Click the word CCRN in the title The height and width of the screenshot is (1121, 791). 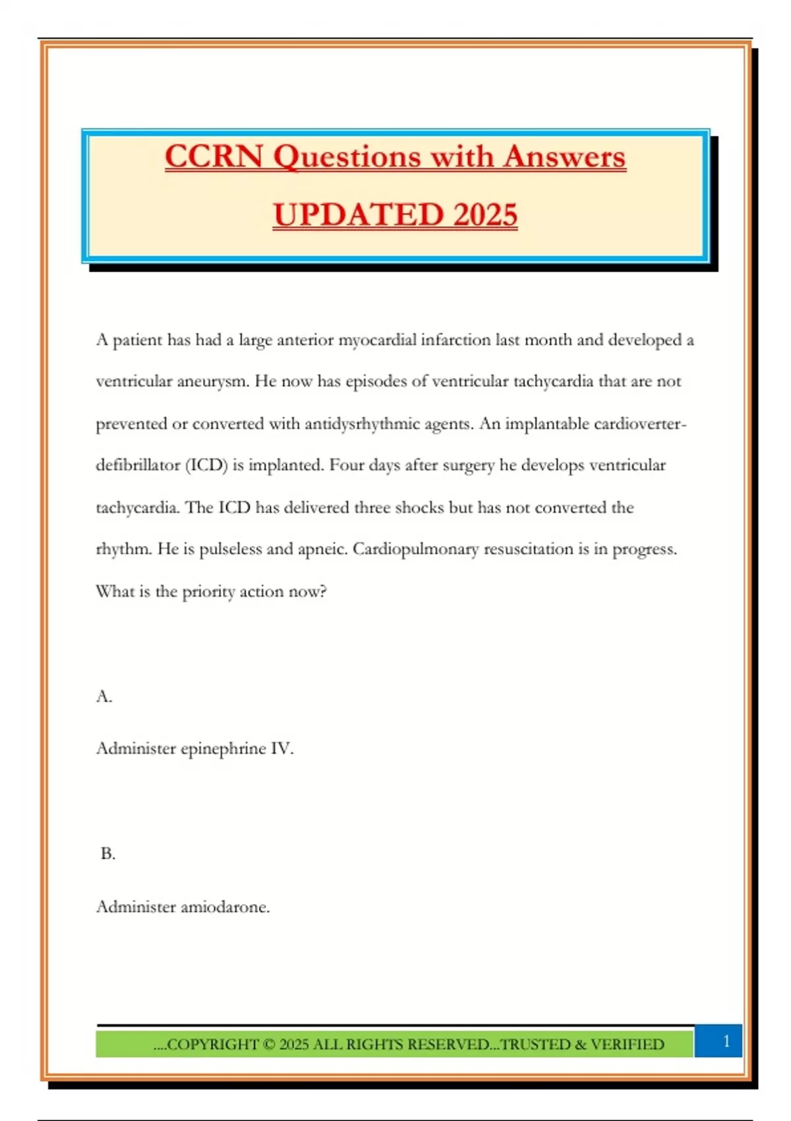coord(214,157)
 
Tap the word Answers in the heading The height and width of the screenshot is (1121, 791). coord(564,157)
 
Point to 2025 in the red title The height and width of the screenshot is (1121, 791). coord(485,215)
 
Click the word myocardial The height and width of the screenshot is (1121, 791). coord(377,340)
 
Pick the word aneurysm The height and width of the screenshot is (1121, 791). coord(213,382)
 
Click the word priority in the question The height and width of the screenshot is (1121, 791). coord(208,591)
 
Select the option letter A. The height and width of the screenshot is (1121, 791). coord(104,696)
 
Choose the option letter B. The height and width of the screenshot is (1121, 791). coord(107,854)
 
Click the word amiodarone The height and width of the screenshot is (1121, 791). coord(225,907)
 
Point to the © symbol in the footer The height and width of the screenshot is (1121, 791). coord(268,1045)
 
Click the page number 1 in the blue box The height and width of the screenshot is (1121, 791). coord(726,1041)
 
